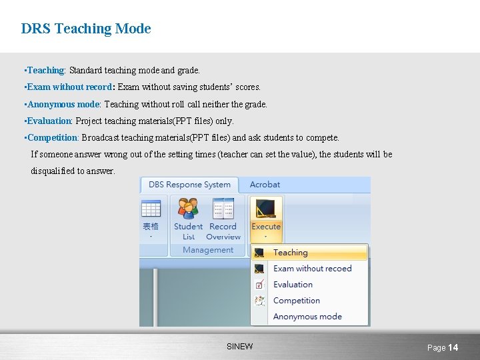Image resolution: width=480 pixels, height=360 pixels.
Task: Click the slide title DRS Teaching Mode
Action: point(86,29)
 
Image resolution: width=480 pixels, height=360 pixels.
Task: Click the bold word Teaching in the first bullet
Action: point(45,70)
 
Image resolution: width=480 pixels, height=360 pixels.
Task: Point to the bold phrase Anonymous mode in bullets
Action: point(63,104)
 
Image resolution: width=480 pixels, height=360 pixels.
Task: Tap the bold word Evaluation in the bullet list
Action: point(49,121)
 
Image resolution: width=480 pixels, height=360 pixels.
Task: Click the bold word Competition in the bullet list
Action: point(52,137)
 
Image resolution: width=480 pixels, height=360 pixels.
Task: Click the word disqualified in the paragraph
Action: point(53,171)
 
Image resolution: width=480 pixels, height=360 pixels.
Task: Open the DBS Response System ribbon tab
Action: point(189,185)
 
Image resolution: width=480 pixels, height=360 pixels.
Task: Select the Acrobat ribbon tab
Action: point(265,185)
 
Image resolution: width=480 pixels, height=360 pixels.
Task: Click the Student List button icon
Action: point(188,209)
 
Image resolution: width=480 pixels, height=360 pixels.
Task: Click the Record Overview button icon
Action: point(223,209)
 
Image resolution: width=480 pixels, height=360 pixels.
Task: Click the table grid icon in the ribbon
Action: point(151,209)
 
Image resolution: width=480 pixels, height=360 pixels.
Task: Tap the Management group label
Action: point(208,250)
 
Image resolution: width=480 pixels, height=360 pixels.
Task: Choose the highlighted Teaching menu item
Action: point(290,253)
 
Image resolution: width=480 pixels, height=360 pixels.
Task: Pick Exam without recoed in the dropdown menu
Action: point(312,269)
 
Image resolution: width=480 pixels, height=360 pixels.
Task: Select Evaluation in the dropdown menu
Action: point(293,285)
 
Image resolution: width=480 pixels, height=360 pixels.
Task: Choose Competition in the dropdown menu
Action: point(297,301)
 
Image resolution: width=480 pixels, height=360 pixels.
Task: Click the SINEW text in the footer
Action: point(239,347)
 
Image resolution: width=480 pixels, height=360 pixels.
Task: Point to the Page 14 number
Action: point(443,347)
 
